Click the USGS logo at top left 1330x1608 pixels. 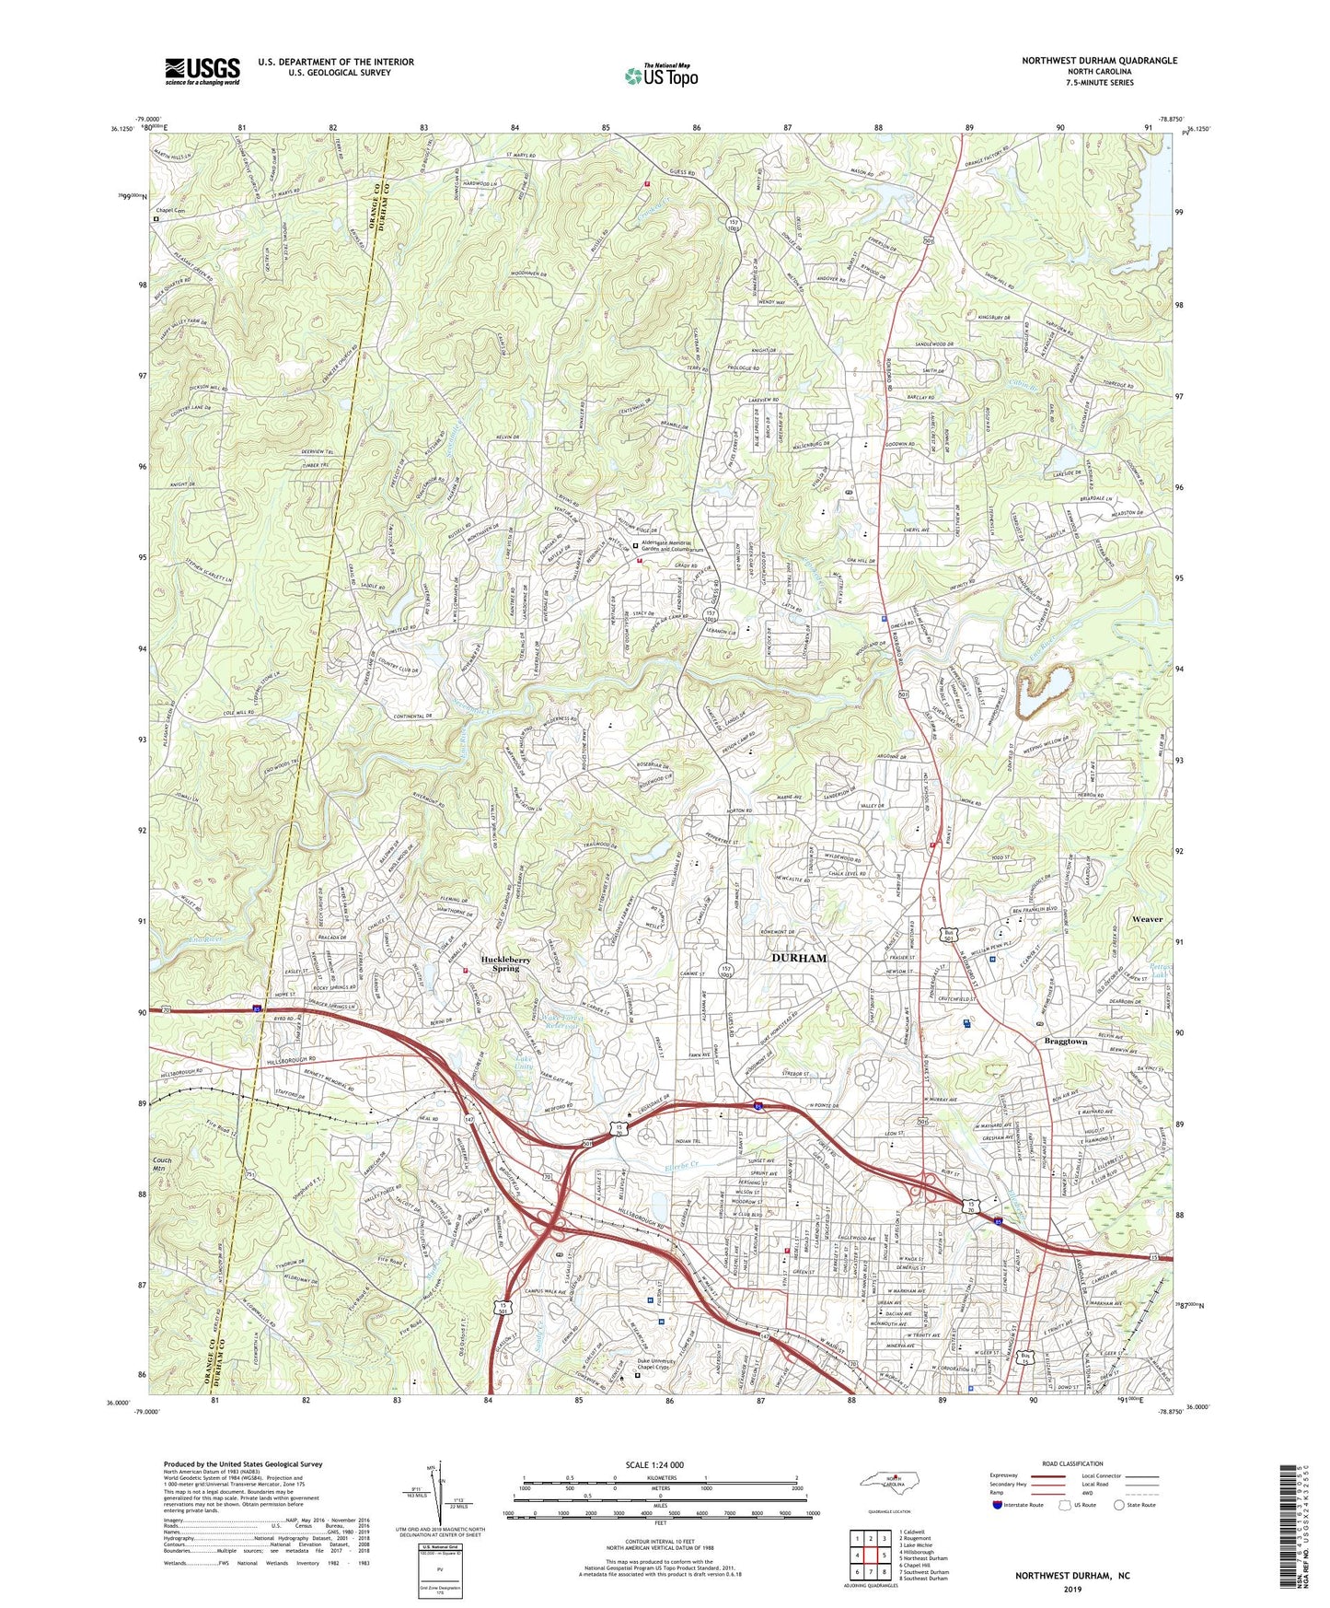point(202,70)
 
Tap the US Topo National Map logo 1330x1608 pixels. point(660,76)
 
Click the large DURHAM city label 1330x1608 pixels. point(799,958)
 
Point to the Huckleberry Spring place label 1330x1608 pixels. point(505,963)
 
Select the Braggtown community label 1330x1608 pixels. point(1066,1042)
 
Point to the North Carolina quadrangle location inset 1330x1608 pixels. point(889,1484)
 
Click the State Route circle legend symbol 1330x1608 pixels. point(1119,1505)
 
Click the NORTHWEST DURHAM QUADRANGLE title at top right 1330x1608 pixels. point(1099,61)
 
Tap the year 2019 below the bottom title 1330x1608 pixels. point(1072,1589)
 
